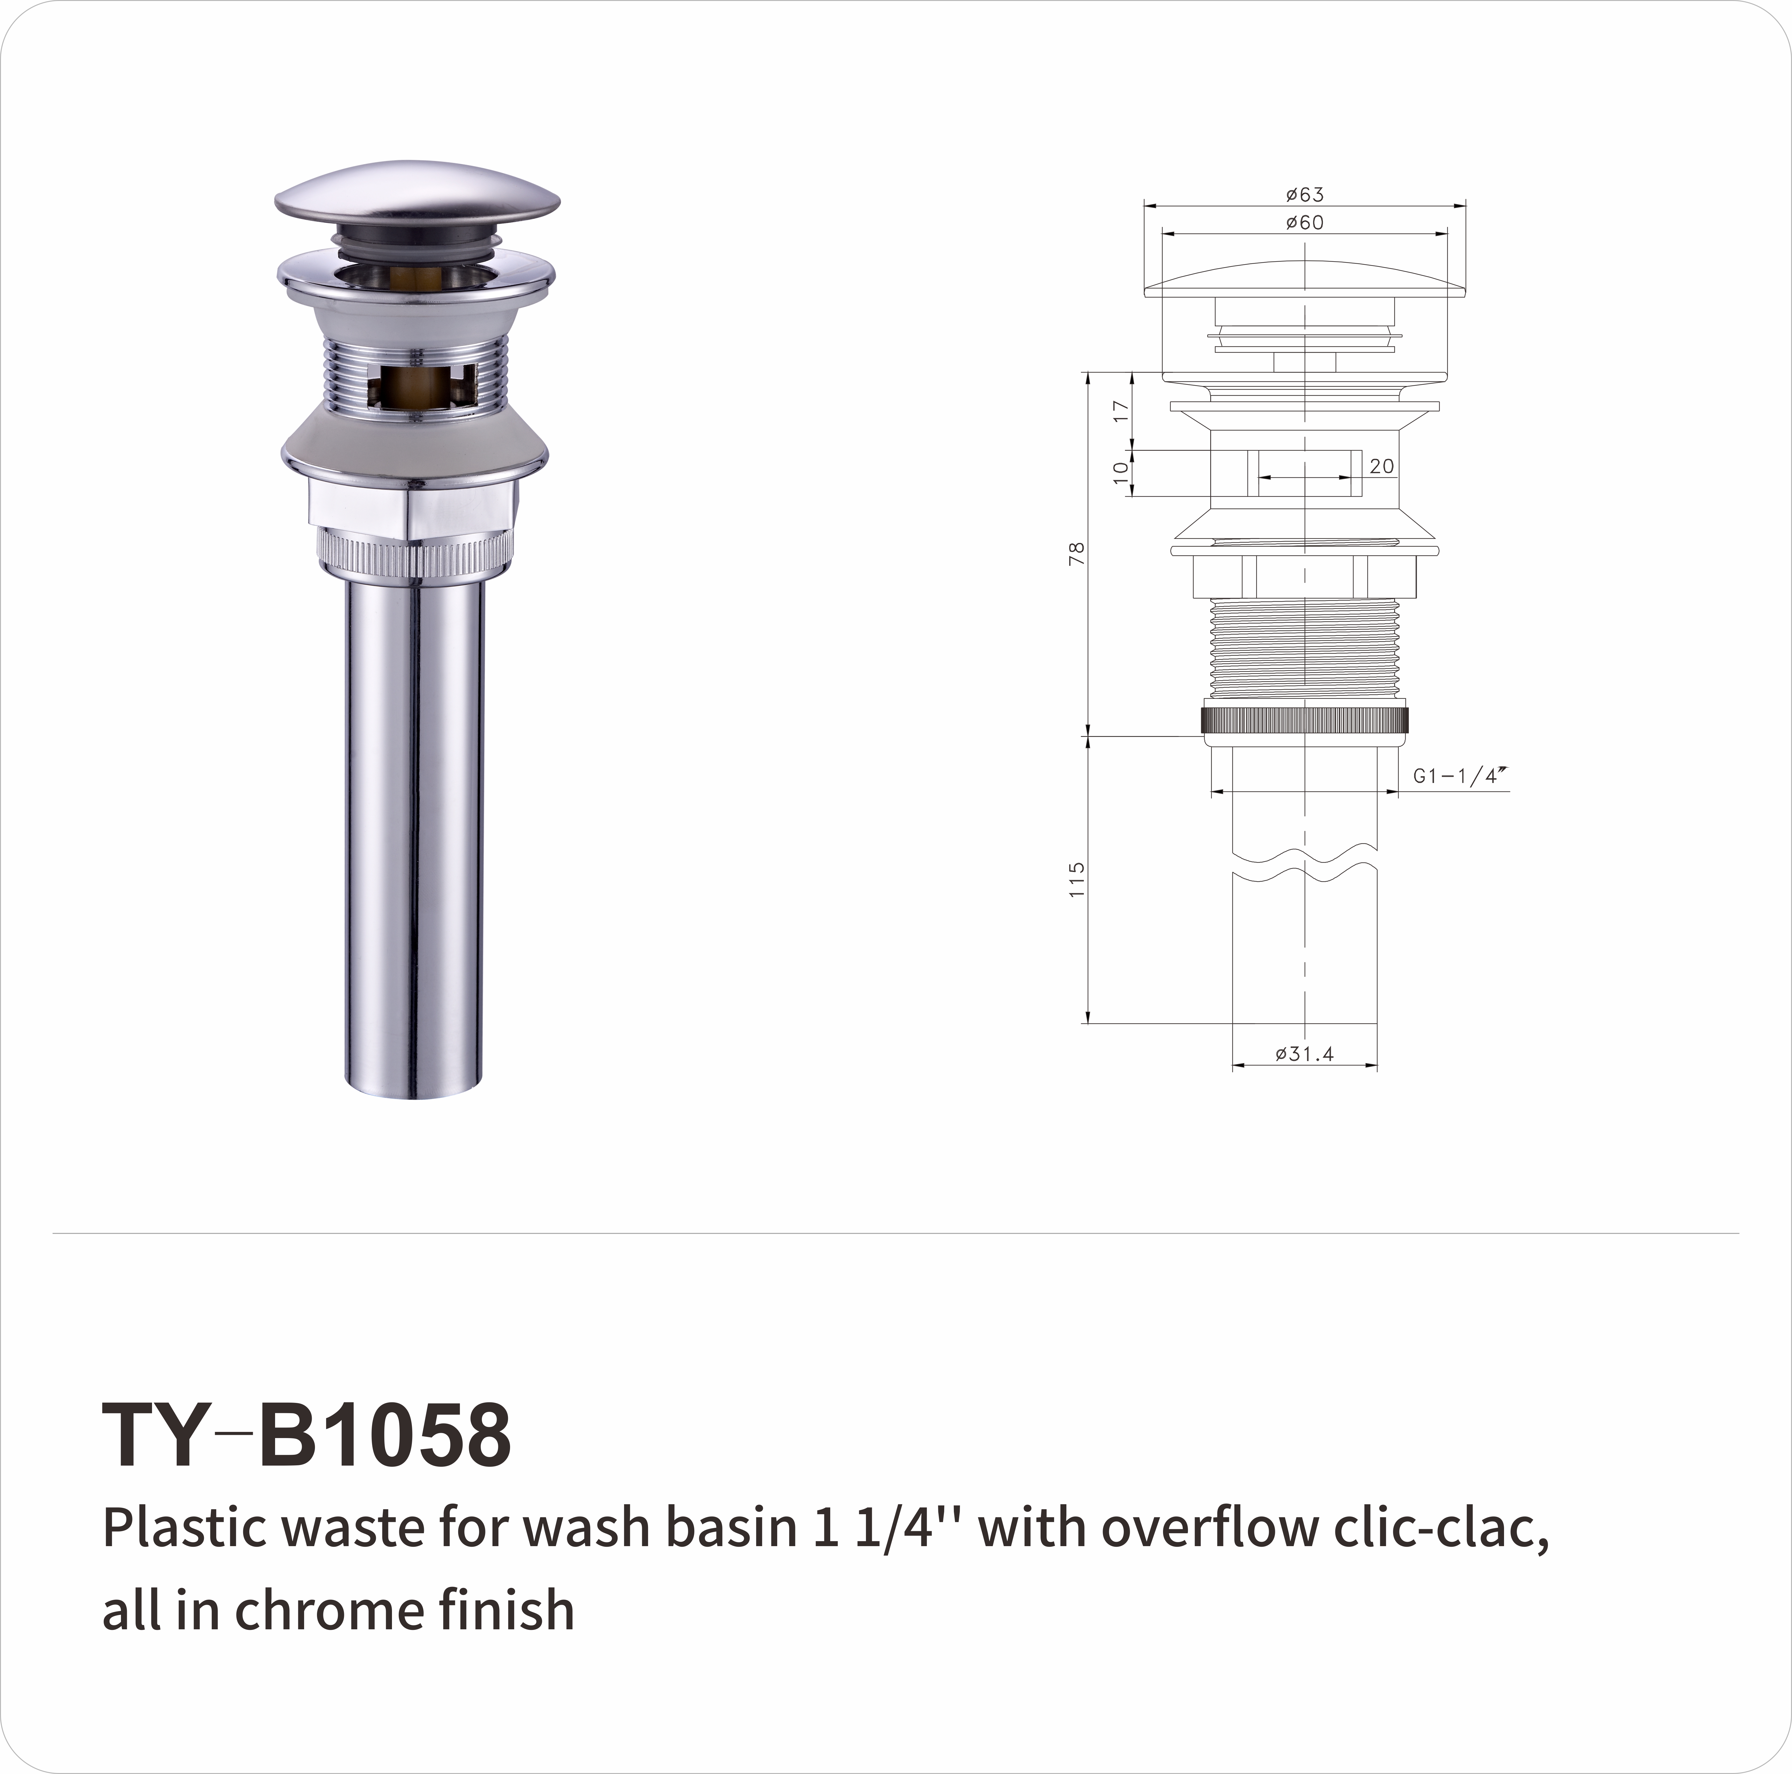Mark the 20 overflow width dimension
point(1381,467)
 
